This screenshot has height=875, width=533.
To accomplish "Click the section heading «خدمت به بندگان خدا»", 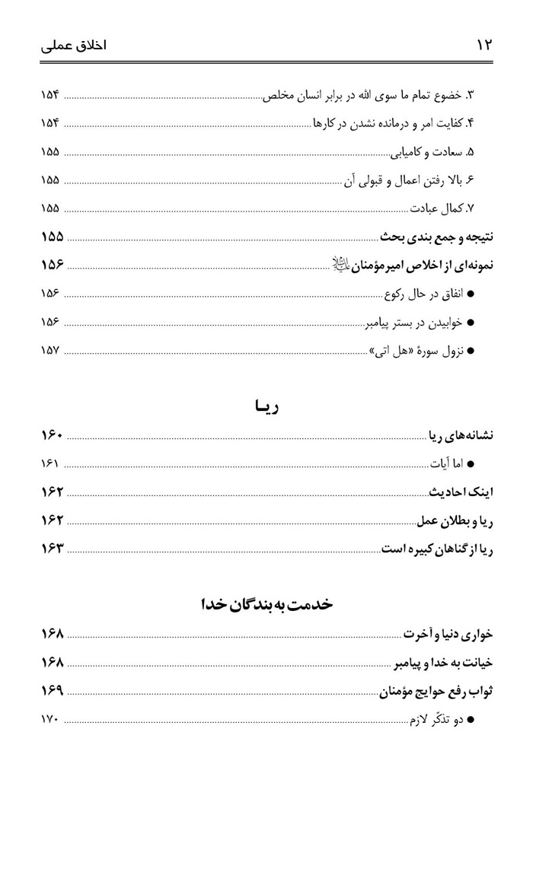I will pos(267,606).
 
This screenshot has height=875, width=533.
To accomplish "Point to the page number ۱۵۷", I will pos(50,352).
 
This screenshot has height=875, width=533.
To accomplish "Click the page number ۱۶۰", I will pos(50,435).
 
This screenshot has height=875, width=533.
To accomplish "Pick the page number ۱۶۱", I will pos(50,463).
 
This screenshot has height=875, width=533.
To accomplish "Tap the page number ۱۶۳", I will pos(50,549).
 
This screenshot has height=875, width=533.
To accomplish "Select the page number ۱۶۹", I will pos(50,689).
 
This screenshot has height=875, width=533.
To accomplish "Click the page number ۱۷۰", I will pos(50,717).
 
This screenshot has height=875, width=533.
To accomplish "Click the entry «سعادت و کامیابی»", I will pos(436,152).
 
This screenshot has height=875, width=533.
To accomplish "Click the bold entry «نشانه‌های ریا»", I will pos(460,435).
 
